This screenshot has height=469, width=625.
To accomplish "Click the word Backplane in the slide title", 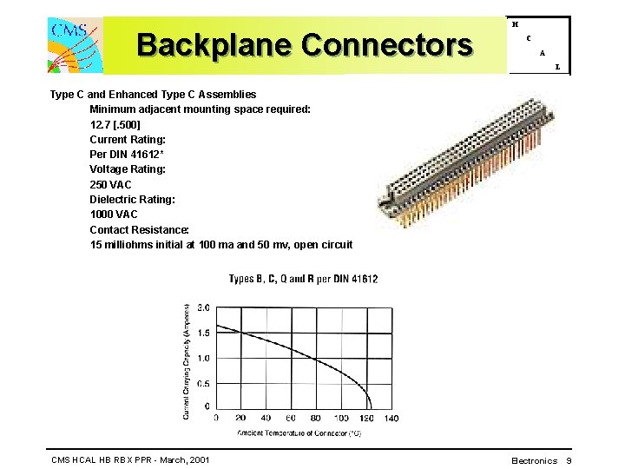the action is (214, 44).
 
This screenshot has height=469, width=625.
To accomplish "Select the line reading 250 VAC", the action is (111, 184).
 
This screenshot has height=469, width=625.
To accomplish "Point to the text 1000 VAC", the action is (114, 215).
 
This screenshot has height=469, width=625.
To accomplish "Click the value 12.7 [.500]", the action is (115, 124).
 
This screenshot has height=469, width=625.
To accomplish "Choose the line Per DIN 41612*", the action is (128, 155).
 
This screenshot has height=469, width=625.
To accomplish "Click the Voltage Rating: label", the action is (128, 169).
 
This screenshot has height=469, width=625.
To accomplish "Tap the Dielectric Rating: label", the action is (132, 200).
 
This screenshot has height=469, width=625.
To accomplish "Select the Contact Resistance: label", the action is (140, 230).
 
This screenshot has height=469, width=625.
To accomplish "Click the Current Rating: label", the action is (128, 139).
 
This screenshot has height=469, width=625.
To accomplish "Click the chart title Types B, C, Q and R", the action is (303, 279).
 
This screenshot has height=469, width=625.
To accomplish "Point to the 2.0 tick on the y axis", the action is (202, 307).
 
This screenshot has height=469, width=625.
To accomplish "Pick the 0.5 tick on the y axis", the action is (202, 384).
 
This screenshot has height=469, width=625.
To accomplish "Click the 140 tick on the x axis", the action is (391, 418).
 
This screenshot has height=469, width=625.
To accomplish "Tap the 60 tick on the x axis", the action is (291, 418).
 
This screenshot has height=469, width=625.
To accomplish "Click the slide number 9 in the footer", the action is (569, 460).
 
